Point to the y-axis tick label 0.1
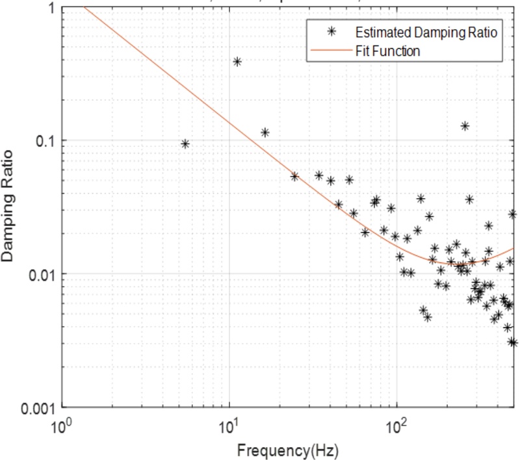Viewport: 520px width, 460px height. click(x=42, y=141)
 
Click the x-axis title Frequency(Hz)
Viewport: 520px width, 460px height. click(x=287, y=449)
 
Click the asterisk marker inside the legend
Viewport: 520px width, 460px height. click(x=331, y=32)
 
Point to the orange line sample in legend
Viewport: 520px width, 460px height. click(x=331, y=50)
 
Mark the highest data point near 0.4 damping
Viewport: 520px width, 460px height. click(x=237, y=62)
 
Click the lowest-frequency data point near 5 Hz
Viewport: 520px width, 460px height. click(x=185, y=144)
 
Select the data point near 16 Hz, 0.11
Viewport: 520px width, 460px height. click(x=265, y=133)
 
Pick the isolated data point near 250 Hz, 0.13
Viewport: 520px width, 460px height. click(x=465, y=126)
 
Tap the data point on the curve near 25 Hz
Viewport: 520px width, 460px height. click(x=294, y=176)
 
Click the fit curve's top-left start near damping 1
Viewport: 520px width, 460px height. click(x=86, y=7)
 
